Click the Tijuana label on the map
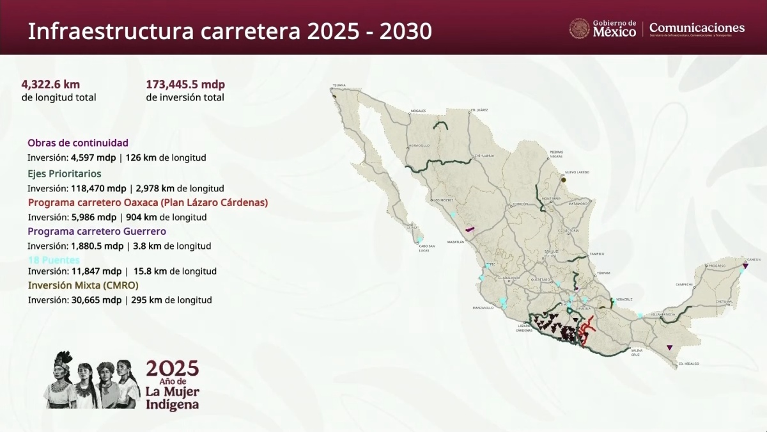pyautogui.click(x=339, y=85)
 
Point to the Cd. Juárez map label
pyautogui.click(x=479, y=110)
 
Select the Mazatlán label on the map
pyautogui.click(x=456, y=242)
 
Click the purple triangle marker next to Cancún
pyautogui.click(x=745, y=265)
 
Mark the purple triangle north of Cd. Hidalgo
pyautogui.click(x=669, y=348)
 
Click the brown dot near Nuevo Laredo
pyautogui.click(x=564, y=180)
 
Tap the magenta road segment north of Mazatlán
pyautogui.click(x=470, y=228)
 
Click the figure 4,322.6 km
pyautogui.click(x=50, y=84)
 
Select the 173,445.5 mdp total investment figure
pyautogui.click(x=185, y=84)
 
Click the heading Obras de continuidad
pyautogui.click(x=78, y=143)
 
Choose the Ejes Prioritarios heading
pyautogui.click(x=64, y=173)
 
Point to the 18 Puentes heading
pyautogui.click(x=54, y=260)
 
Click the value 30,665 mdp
pyautogui.click(x=93, y=300)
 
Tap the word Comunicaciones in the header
pyautogui.click(x=697, y=28)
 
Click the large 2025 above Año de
pyautogui.click(x=173, y=368)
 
